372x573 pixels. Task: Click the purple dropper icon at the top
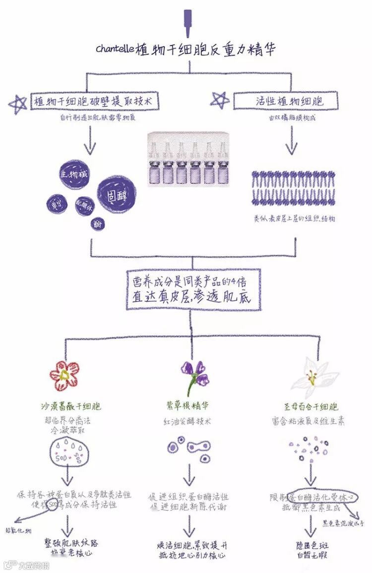[187, 22]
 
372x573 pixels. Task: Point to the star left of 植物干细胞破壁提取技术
[18, 104]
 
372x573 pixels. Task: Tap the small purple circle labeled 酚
[97, 224]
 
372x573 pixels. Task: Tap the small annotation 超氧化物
[18, 531]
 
